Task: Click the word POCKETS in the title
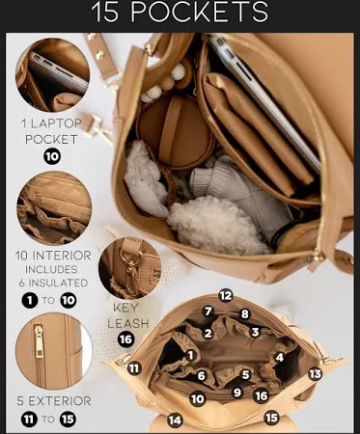[200, 13]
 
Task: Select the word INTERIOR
[62, 256]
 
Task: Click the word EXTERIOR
[60, 401]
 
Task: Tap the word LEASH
[128, 323]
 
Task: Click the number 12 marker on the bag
[226, 295]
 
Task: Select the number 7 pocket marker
[208, 312]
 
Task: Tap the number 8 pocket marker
[245, 314]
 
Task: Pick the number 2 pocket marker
[208, 333]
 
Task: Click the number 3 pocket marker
[256, 332]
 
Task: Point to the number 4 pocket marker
[279, 357]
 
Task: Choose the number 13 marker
[315, 374]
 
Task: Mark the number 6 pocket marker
[202, 375]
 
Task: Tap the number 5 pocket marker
[245, 374]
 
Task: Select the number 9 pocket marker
[237, 393]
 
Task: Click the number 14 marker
[175, 420]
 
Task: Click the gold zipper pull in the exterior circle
[39, 341]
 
